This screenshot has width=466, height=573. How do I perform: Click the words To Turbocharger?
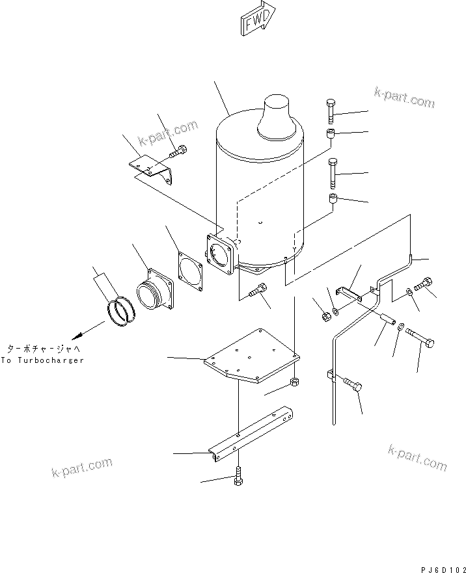coord(42,360)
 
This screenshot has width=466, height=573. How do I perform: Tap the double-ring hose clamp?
coord(122,310)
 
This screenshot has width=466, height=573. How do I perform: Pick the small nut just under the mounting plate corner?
coord(294,380)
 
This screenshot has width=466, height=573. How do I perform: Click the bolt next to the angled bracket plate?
coord(178,152)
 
